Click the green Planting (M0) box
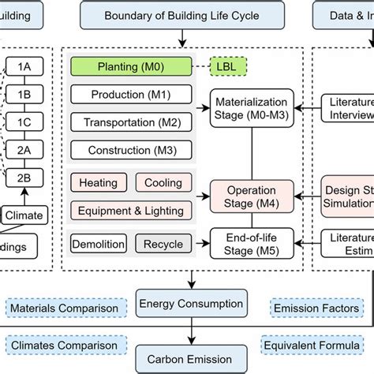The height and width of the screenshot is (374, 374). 131,67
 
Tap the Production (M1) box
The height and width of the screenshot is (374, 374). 131,95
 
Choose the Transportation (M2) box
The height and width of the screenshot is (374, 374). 131,122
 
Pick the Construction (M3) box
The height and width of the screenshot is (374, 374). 131,150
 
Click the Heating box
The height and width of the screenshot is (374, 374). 99,183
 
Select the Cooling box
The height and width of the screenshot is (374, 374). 163,183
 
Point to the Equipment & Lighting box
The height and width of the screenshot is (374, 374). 131,210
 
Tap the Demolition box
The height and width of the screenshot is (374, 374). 98,245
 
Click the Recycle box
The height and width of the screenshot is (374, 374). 163,245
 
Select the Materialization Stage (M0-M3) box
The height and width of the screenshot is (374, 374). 252,108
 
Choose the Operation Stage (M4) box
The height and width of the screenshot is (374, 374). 252,196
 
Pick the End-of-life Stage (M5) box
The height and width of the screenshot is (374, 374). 252,244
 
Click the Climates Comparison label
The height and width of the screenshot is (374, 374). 64,345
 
